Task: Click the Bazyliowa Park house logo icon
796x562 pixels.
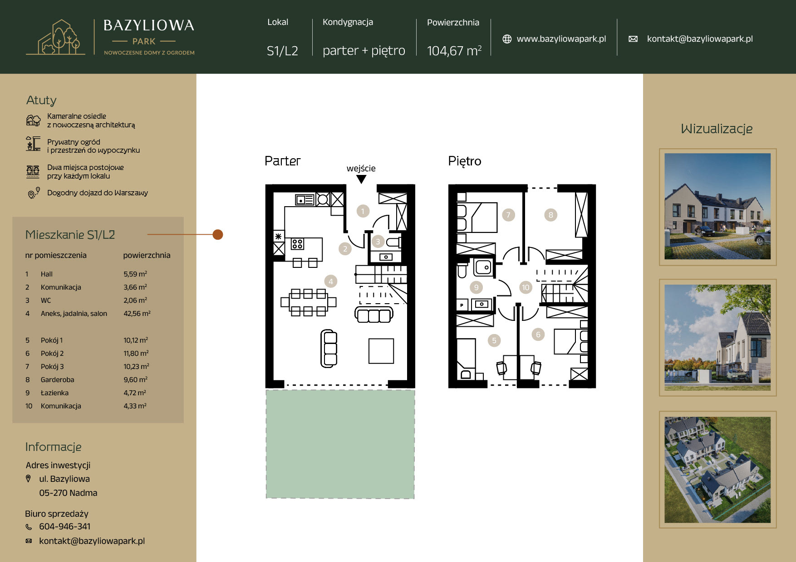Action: (x=55, y=38)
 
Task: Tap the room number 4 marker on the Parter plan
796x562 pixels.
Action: (x=331, y=281)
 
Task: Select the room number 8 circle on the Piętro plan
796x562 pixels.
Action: (x=550, y=215)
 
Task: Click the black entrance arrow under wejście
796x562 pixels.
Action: (x=361, y=179)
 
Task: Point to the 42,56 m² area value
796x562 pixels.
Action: (x=137, y=313)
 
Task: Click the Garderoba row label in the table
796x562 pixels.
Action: (x=57, y=380)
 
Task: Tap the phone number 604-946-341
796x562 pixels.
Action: (x=65, y=526)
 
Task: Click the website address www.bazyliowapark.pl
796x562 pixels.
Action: (x=561, y=39)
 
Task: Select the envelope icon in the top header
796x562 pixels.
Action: (x=633, y=39)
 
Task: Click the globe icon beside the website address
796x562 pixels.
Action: (x=507, y=39)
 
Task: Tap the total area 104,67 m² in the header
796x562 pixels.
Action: (x=454, y=50)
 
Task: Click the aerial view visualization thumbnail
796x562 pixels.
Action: (x=717, y=470)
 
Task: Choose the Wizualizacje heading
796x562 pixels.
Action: (x=717, y=129)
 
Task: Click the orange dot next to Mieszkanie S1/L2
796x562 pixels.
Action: (x=218, y=234)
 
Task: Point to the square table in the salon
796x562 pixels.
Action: (x=381, y=351)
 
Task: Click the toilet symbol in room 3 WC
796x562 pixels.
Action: (x=393, y=242)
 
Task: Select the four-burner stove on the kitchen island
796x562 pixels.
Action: (x=297, y=244)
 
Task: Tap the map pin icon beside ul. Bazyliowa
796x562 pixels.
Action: (x=28, y=479)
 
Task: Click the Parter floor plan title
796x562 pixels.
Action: (x=282, y=161)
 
